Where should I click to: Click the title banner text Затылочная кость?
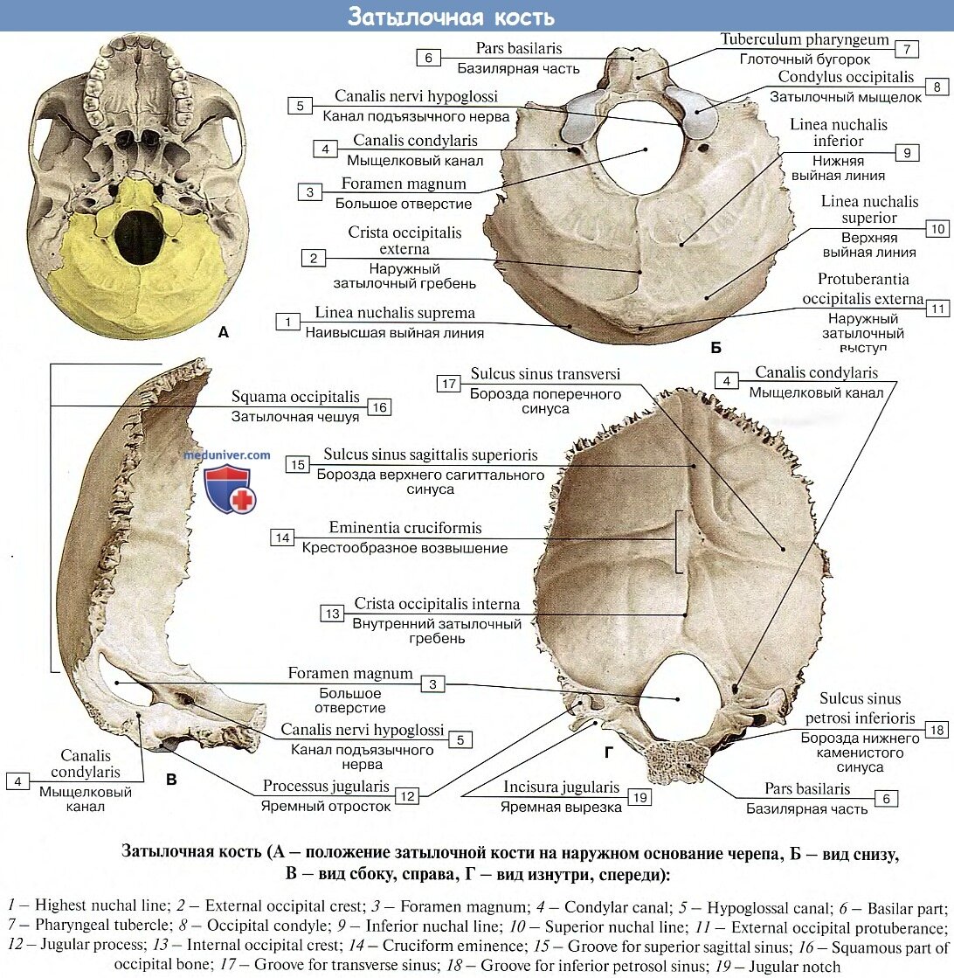(x=451, y=17)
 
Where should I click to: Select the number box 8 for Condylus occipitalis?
(x=937, y=87)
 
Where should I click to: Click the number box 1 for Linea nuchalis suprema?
(x=287, y=322)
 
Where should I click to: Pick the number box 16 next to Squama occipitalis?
(x=378, y=406)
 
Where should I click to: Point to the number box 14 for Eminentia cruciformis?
(x=282, y=538)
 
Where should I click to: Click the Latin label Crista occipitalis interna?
(x=437, y=604)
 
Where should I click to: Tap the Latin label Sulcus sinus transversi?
(x=545, y=374)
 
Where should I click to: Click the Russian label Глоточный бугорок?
(x=805, y=59)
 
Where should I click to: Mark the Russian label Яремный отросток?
(x=326, y=807)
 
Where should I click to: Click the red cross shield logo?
(x=231, y=489)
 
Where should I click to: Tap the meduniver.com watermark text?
(x=227, y=454)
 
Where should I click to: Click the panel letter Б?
(x=715, y=348)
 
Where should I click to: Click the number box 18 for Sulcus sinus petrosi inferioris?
(x=936, y=730)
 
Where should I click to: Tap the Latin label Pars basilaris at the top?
(x=519, y=48)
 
